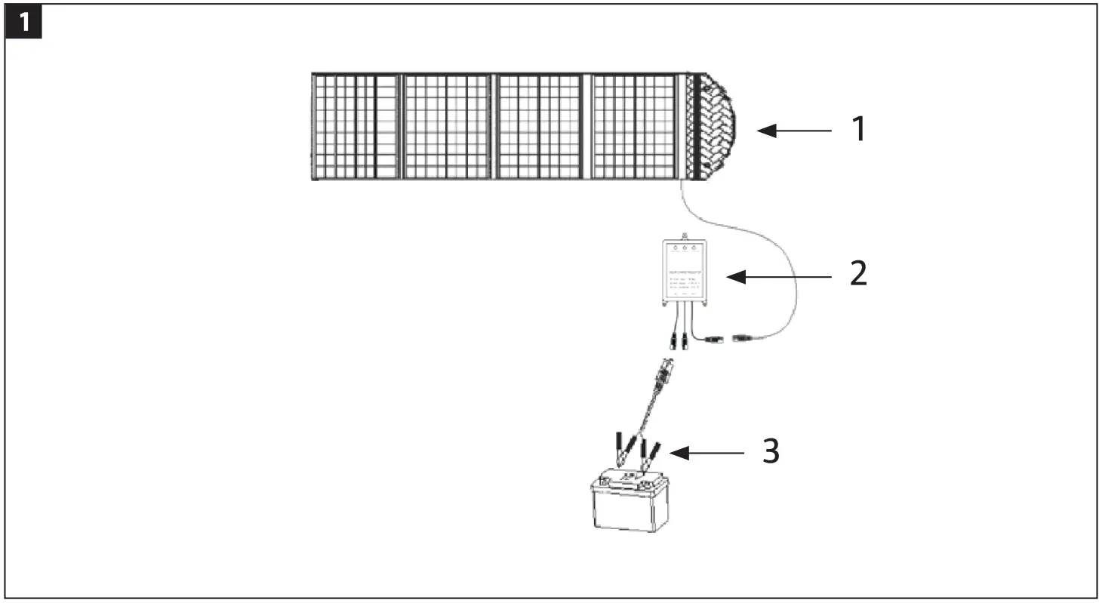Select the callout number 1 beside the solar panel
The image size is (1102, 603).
click(x=858, y=131)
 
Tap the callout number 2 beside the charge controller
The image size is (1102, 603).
click(x=858, y=274)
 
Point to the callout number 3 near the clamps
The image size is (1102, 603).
click(x=769, y=451)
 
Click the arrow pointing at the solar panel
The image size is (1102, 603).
click(x=793, y=131)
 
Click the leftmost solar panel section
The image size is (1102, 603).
click(x=355, y=126)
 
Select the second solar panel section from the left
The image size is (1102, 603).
click(x=446, y=126)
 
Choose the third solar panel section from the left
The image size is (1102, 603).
click(x=539, y=126)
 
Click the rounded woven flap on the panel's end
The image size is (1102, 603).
click(x=716, y=127)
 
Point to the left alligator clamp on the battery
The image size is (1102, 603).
click(x=626, y=450)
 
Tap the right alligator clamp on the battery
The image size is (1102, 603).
click(x=650, y=454)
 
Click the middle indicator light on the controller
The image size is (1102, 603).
click(x=685, y=248)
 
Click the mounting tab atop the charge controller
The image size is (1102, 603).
click(x=685, y=236)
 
